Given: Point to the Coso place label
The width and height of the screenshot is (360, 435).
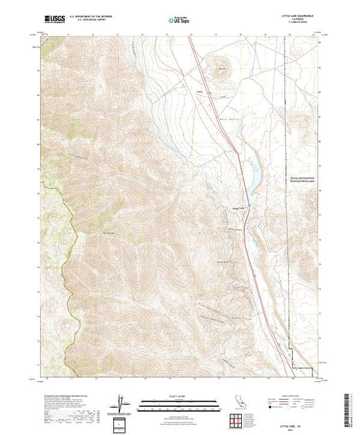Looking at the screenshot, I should tap(200, 90).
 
